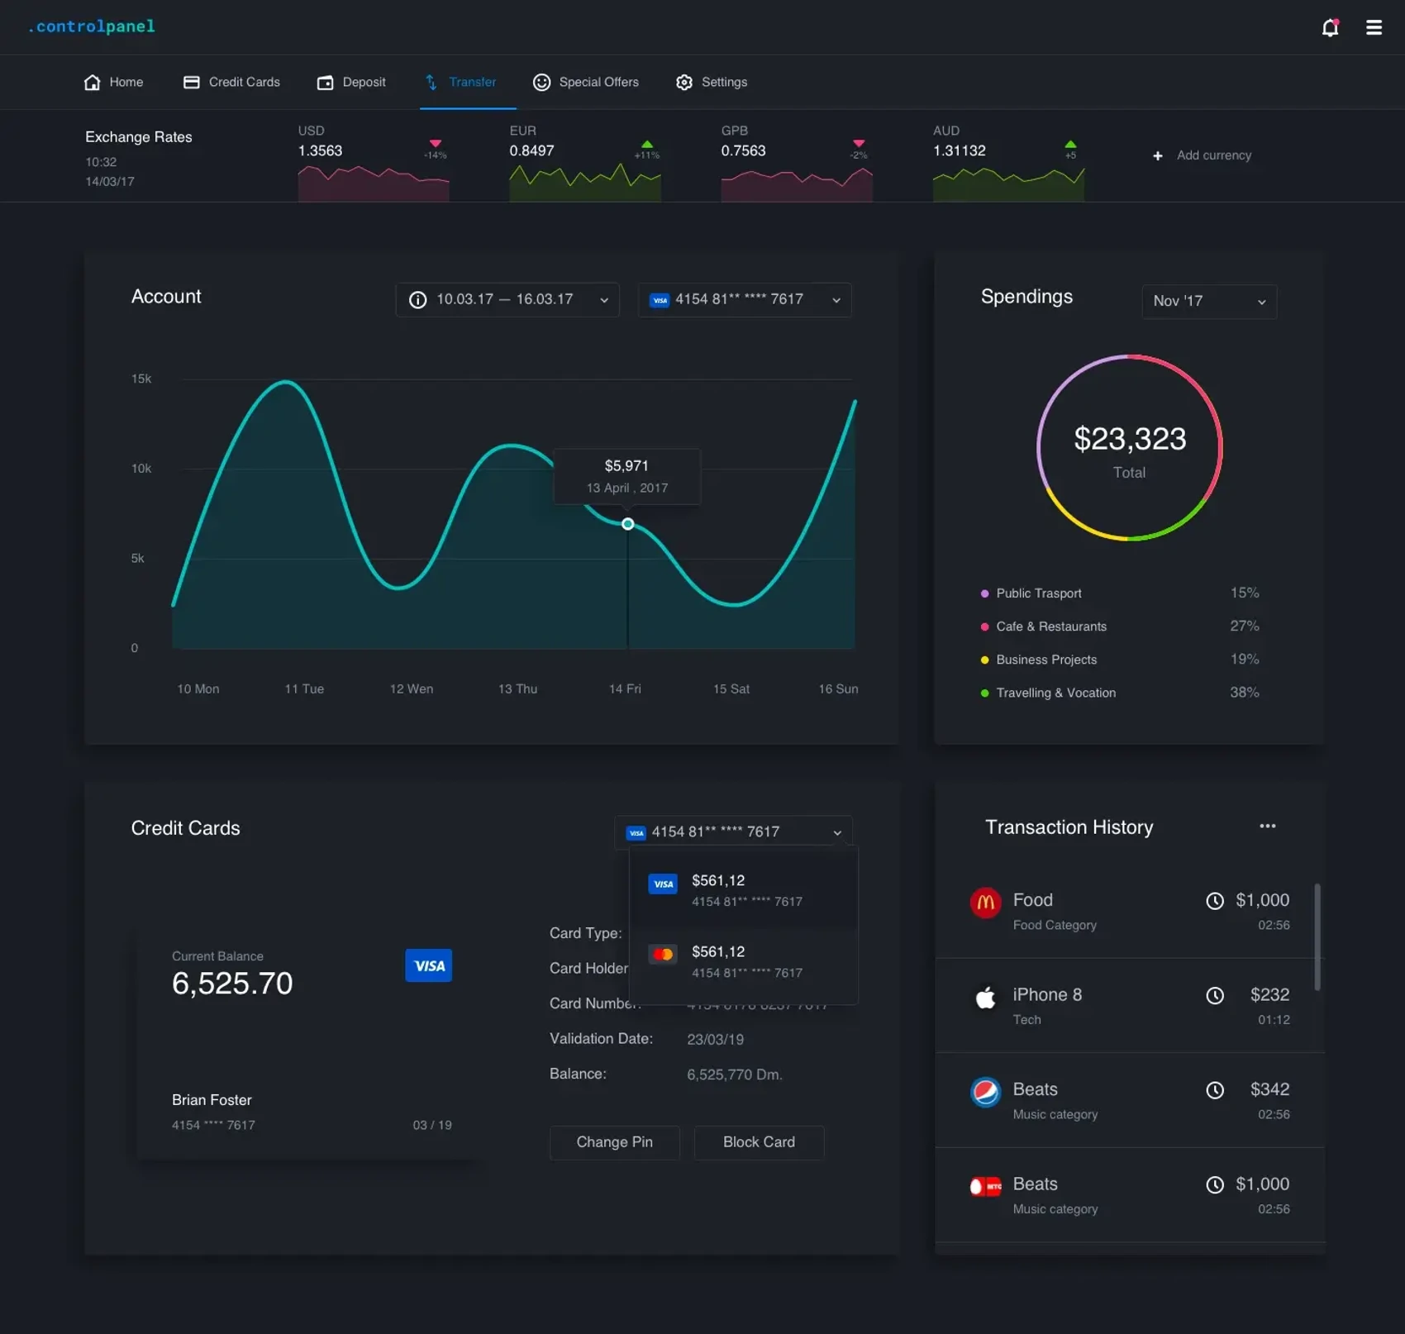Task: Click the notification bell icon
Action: coord(1330,28)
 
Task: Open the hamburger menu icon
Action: coord(1374,28)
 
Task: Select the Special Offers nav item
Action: coord(586,82)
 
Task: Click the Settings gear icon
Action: coord(684,82)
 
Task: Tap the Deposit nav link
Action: coord(351,82)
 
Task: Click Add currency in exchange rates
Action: coord(1203,155)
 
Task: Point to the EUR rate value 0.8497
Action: coord(531,150)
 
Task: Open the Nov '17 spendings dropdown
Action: coord(1208,301)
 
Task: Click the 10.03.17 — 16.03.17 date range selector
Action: coord(507,299)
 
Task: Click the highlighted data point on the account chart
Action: coord(628,524)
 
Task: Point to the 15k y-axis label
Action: coord(141,379)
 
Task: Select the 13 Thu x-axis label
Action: coord(517,688)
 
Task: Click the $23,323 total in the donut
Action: coord(1129,439)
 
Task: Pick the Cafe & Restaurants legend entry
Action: coord(1050,627)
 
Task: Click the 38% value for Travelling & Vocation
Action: coord(1244,693)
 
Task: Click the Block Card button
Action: coord(759,1142)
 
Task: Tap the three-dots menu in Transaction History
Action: coord(1267,827)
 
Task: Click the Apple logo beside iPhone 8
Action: coord(985,998)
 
